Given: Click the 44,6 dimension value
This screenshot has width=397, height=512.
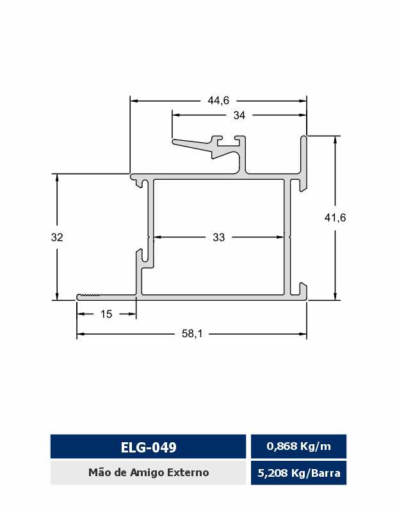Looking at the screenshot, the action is coord(218,100).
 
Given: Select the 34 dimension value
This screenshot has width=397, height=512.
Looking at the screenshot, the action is coord(239,115).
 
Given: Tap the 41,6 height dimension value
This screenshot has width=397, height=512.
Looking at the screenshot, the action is coord(335,218).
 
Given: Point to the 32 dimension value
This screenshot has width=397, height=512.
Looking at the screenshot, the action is coord(57,237).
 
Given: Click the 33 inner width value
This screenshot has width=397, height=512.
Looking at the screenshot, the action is coord(218,237).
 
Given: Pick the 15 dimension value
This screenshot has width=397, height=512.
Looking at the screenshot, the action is coord(106,314).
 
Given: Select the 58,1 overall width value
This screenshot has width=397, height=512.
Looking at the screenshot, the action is coord(192,333).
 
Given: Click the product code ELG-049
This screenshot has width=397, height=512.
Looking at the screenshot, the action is coord(149,447).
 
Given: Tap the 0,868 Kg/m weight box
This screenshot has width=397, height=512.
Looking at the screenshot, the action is coord(298,446).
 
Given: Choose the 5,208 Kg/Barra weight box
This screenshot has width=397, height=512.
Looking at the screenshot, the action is coord(298,473).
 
